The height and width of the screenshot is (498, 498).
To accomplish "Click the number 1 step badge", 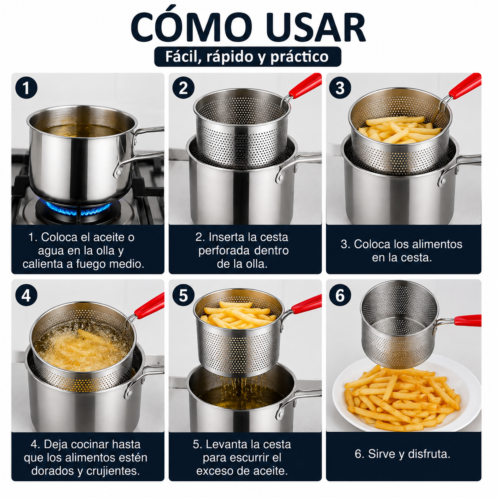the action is [26, 88].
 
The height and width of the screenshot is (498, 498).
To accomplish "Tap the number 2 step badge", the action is [183, 88].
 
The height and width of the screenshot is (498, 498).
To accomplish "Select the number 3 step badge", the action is [340, 88].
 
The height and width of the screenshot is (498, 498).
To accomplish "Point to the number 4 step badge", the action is [26, 295].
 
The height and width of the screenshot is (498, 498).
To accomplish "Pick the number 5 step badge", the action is [183, 295].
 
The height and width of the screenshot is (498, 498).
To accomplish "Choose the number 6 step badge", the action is [340, 295].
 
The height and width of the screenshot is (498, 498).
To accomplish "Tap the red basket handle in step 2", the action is [305, 85].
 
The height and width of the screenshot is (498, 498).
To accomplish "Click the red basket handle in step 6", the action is [467, 320].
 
